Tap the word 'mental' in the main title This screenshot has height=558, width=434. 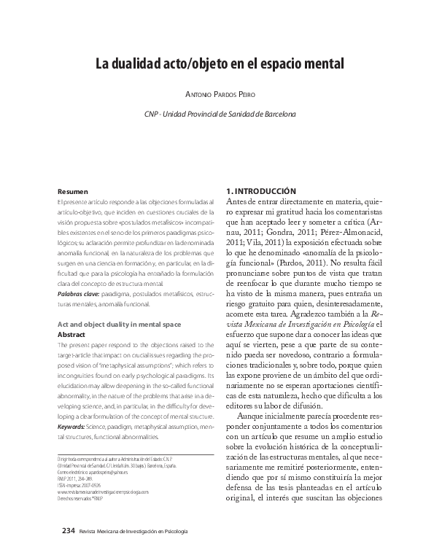pyautogui.click(x=318, y=63)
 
